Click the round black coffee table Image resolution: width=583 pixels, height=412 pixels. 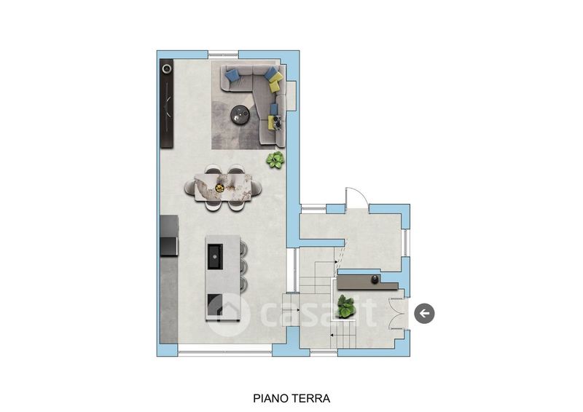coord(240,114)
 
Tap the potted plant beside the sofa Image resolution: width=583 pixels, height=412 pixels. coord(275,159)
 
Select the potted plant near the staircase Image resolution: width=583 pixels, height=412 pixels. coord(345,307)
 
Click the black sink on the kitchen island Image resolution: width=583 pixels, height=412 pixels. coord(215,257)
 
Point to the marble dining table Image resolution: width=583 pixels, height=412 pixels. coord(223,187)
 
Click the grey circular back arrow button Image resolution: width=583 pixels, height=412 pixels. coord(424,314)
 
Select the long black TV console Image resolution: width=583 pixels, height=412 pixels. coord(167,103)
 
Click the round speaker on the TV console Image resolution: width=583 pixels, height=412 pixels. coord(167,68)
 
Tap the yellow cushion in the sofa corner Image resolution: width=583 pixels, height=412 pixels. coord(275,82)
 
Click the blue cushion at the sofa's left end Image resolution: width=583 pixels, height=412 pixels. coord(231,75)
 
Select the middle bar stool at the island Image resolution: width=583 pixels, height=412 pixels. coord(244,266)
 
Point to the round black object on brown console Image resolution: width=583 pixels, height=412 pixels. coord(375,280)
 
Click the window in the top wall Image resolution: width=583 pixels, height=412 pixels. coord(223,55)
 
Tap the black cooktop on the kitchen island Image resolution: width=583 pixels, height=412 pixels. coord(214,305)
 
